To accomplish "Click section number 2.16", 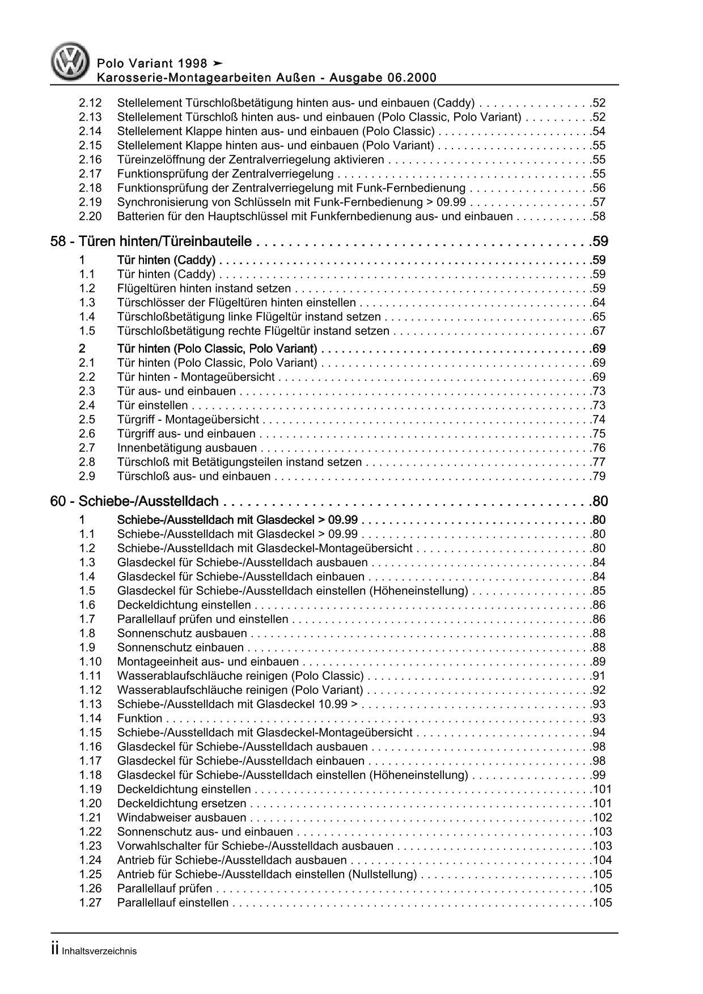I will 90,160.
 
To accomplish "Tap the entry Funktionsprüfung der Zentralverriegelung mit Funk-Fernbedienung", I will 291,188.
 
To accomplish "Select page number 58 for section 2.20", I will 598,217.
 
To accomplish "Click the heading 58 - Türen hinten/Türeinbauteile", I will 151,242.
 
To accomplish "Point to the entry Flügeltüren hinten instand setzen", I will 204,289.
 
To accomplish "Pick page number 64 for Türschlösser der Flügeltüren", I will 598,303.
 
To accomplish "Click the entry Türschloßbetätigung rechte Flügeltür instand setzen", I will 253,331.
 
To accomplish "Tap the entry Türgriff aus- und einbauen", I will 186,434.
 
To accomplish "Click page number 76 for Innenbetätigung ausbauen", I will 598,448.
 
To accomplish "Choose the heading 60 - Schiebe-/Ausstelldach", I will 134,501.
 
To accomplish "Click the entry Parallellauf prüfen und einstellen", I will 202,619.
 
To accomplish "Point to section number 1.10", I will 90,662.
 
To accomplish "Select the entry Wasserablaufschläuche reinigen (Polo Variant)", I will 240,690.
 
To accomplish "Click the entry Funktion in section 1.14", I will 139,718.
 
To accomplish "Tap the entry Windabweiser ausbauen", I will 181,818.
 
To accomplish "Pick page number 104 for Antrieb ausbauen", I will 602,860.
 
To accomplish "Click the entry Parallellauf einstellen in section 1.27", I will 172,903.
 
